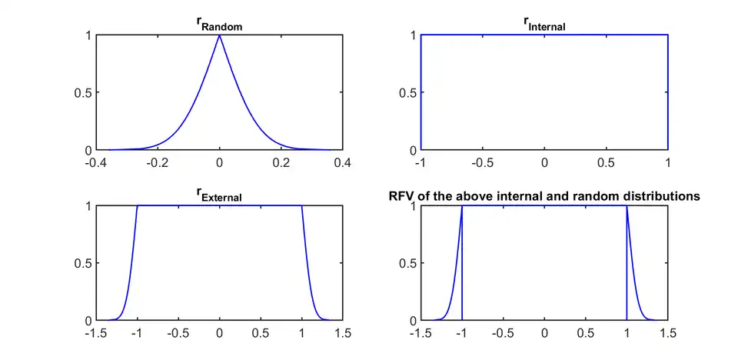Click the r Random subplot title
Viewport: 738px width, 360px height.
[219, 25]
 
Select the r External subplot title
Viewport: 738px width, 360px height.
[219, 196]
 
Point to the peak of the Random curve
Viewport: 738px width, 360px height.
[219, 35]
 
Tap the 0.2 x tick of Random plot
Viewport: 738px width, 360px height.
[281, 163]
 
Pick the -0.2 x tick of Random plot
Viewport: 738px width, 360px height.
[158, 163]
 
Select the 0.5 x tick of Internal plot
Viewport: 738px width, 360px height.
[606, 163]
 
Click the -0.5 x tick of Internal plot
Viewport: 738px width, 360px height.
[482, 163]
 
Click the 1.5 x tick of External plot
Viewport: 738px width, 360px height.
[342, 334]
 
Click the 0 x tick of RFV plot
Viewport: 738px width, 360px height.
[544, 334]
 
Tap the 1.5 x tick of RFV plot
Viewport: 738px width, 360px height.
[667, 334]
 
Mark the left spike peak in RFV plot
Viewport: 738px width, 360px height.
[462, 206]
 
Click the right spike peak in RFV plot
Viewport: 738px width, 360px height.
[627, 206]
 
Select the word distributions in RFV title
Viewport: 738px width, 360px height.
[663, 196]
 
